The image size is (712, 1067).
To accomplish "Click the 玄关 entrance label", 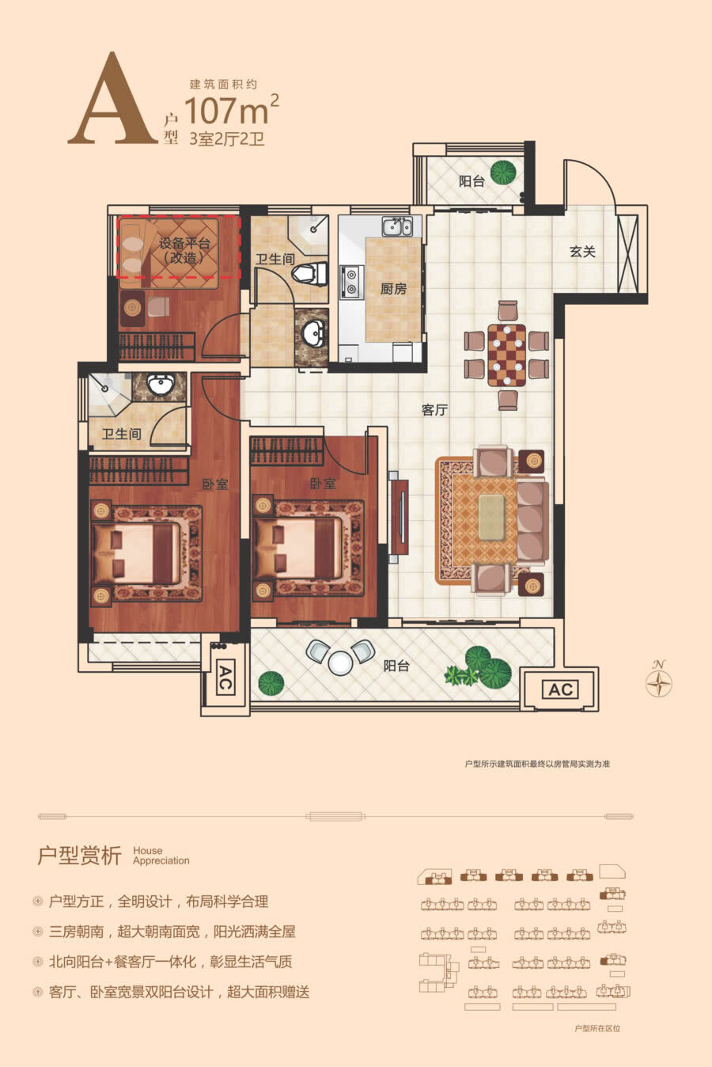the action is click(x=582, y=251).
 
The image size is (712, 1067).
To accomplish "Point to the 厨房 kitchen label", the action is click(x=394, y=289).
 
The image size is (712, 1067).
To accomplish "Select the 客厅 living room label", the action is click(x=434, y=410).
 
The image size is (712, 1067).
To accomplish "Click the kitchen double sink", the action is click(x=397, y=226).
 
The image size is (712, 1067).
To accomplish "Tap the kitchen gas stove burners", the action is click(x=351, y=282).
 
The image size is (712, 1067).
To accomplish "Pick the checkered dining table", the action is click(x=507, y=355).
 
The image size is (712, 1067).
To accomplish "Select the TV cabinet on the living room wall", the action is click(x=399, y=517).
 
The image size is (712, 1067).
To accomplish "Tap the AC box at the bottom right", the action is click(x=561, y=689).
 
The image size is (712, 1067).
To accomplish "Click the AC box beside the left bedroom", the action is click(x=225, y=678).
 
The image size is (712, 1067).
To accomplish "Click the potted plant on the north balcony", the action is click(x=503, y=173).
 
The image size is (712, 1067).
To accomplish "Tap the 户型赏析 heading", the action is click(x=79, y=856).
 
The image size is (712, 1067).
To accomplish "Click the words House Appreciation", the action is click(x=161, y=856).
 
